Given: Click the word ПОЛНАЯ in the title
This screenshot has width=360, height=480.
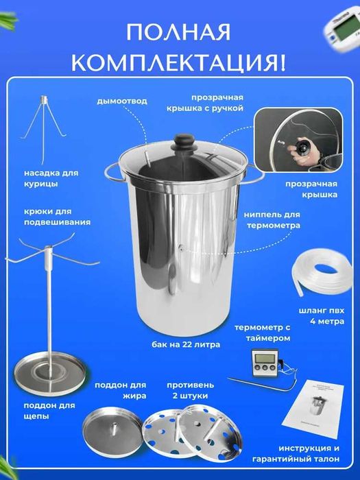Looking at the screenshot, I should pyautogui.click(x=180, y=34).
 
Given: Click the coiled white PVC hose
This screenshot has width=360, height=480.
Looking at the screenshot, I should pyautogui.click(x=317, y=274).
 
